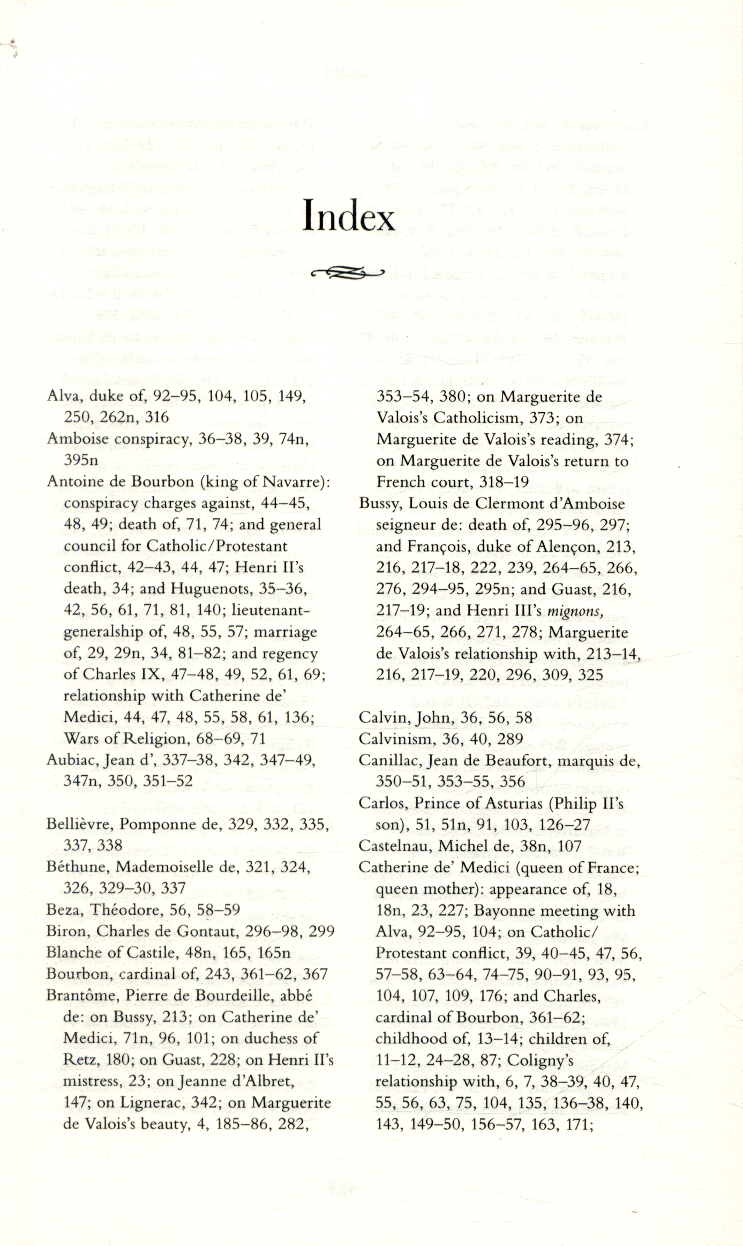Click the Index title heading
coord(349,216)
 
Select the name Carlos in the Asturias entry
coord(378,803)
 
